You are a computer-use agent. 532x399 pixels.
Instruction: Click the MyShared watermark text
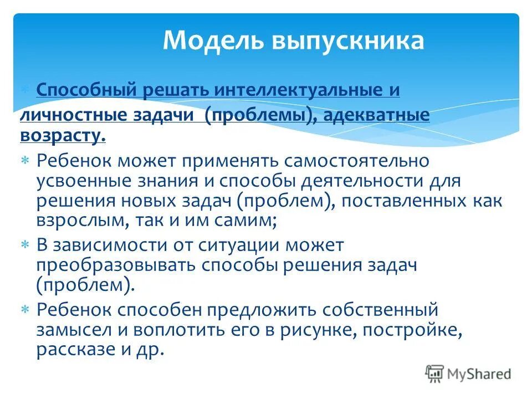point(479,374)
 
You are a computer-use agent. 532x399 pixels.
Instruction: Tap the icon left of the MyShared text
point(434,374)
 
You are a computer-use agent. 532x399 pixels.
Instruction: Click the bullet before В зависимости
point(25,244)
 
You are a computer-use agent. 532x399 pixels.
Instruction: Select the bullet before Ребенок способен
point(25,309)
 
